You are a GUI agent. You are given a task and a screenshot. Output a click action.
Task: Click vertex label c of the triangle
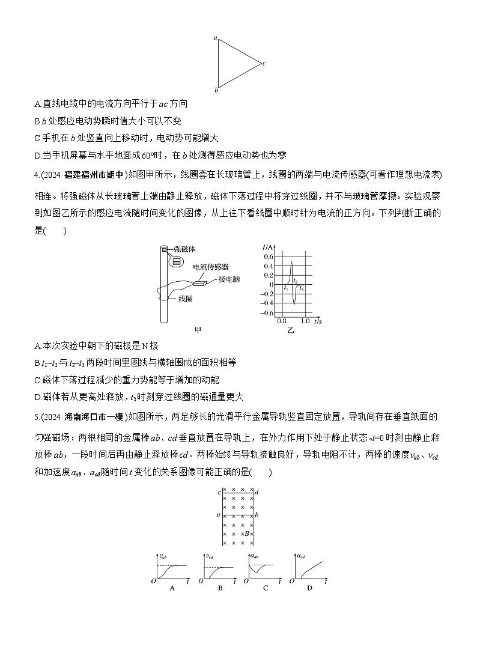[264, 63]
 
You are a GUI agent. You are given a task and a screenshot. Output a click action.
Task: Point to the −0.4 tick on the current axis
[267, 303]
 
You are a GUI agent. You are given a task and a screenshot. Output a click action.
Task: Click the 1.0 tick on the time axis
[305, 321]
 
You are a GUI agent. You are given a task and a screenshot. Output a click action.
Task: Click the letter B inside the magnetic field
[246, 533]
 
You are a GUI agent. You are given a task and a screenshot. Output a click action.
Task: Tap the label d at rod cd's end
[257, 493]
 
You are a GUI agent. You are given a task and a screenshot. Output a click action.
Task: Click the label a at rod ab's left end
[218, 515]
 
